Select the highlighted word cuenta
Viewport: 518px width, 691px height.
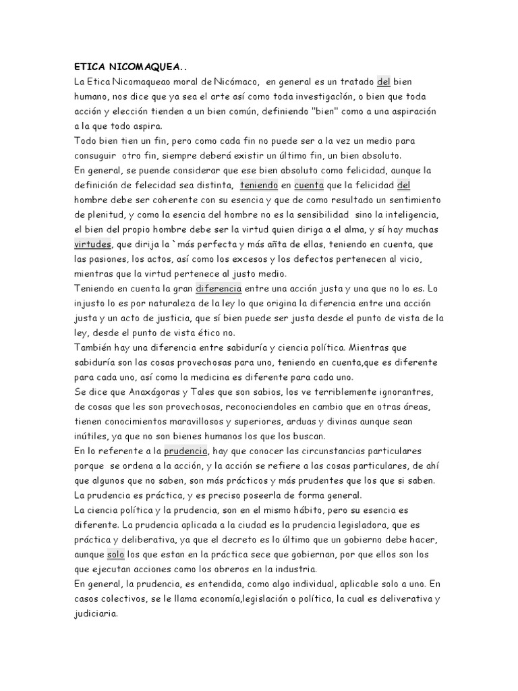pyautogui.click(x=308, y=185)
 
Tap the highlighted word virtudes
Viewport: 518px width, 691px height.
pyautogui.click(x=92, y=244)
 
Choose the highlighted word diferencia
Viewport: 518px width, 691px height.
pyautogui.click(x=219, y=288)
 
